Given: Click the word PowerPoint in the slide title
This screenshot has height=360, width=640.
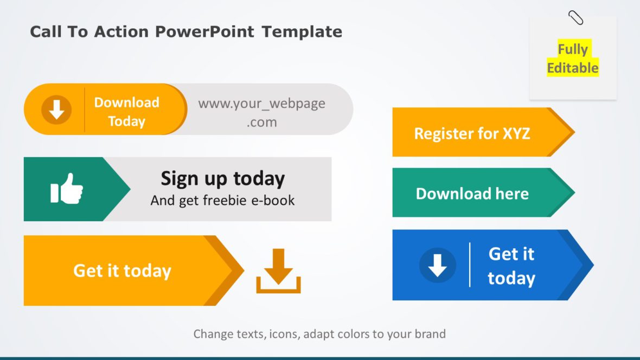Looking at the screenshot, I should pyautogui.click(x=204, y=32).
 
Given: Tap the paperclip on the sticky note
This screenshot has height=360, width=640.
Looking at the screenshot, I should pyautogui.click(x=575, y=18).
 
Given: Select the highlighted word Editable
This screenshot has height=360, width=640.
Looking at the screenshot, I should pyautogui.click(x=572, y=68).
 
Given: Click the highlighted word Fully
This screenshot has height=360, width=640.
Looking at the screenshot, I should pyautogui.click(x=573, y=50).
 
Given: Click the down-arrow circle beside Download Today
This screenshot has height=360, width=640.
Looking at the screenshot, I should pyautogui.click(x=56, y=110).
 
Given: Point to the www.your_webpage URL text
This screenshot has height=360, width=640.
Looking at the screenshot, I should pyautogui.click(x=261, y=104).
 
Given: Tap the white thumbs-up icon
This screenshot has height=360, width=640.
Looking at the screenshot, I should pyautogui.click(x=67, y=189).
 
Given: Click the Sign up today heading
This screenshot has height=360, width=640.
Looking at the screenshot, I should pyautogui.click(x=222, y=178).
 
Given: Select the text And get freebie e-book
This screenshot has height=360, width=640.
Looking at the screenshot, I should pyautogui.click(x=222, y=201).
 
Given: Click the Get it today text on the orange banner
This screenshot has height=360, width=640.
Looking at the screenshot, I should pyautogui.click(x=122, y=271).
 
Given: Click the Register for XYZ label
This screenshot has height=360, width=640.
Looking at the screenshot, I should pyautogui.click(x=472, y=133).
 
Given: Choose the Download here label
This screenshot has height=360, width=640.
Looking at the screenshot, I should pyautogui.click(x=472, y=194).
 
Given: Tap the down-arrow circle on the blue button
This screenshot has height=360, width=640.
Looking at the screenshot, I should pyautogui.click(x=438, y=265).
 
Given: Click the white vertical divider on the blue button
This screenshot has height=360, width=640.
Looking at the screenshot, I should pyautogui.click(x=470, y=265).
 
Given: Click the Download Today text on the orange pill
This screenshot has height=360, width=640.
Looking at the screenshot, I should pyautogui.click(x=126, y=112).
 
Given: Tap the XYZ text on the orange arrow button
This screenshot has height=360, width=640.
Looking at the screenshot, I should pyautogui.click(x=516, y=133).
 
